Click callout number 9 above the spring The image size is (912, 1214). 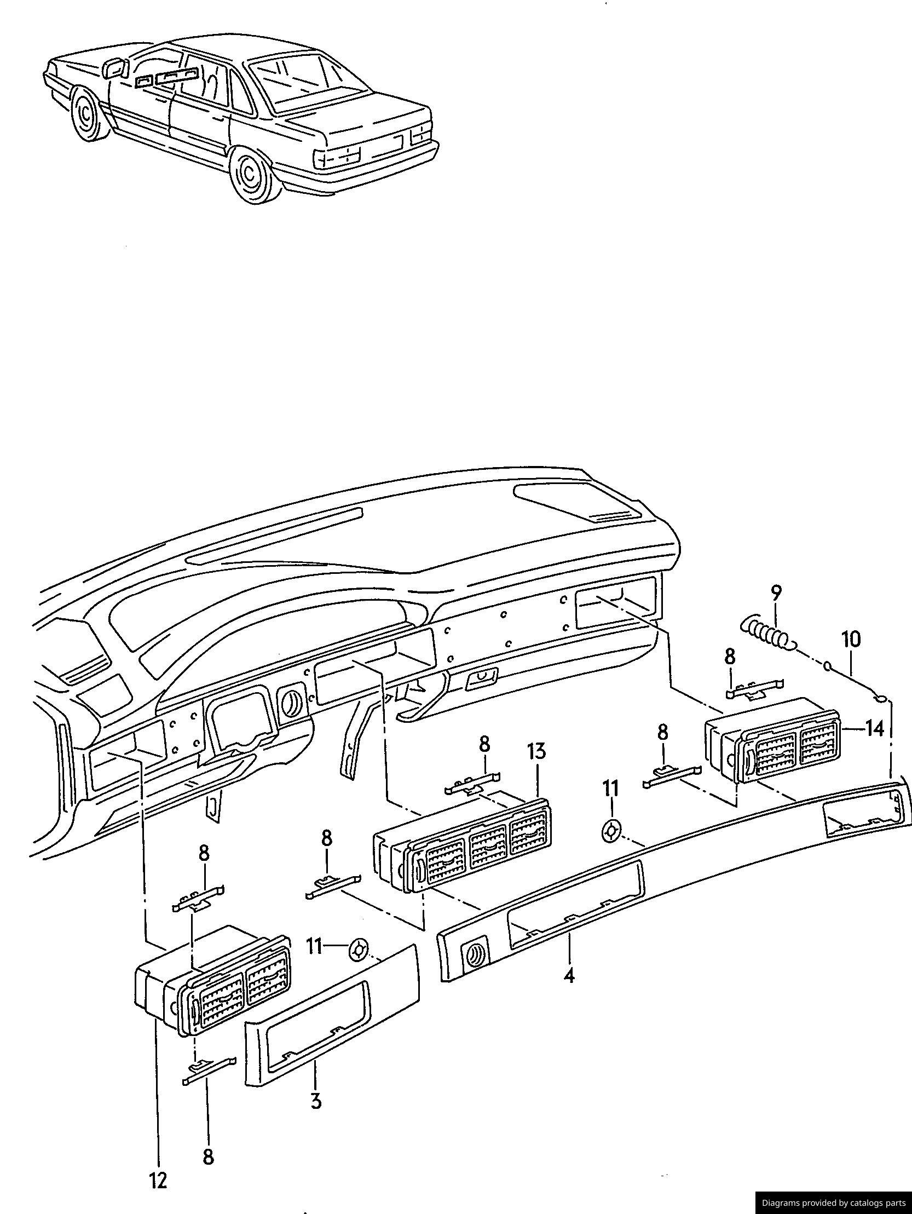click(775, 594)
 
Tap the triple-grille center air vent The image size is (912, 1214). click(462, 842)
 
